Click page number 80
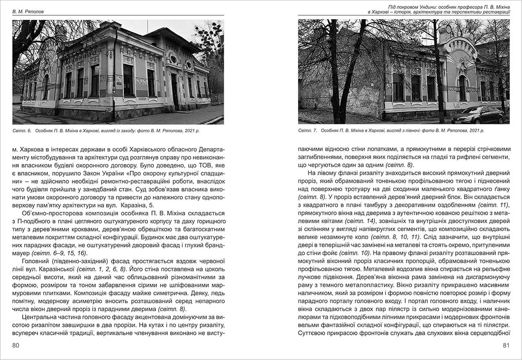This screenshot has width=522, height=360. point(16,345)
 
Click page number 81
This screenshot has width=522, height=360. point(506,345)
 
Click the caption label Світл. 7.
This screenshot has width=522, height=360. point(308,130)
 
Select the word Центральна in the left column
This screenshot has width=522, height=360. point(40,317)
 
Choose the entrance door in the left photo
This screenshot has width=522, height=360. point(174,91)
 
